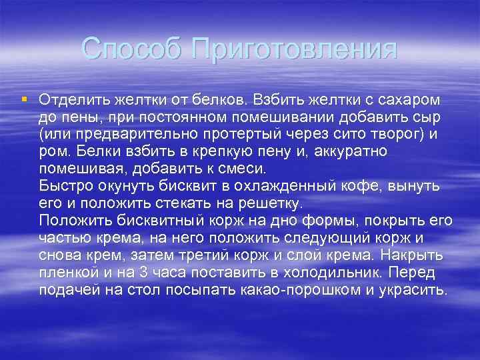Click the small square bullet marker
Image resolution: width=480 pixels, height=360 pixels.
(x=24, y=99)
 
